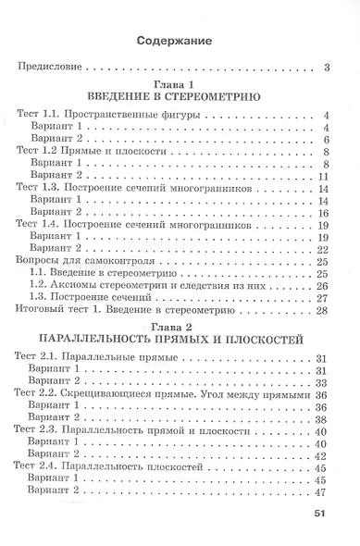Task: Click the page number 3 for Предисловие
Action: tap(329, 67)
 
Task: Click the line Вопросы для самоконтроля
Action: tap(80, 261)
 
